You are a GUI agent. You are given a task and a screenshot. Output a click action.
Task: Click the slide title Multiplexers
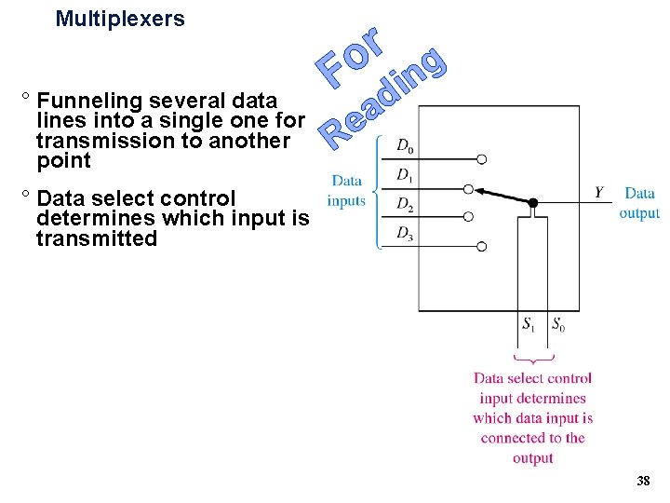click(x=120, y=19)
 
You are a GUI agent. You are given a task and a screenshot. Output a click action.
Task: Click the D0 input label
click(x=405, y=145)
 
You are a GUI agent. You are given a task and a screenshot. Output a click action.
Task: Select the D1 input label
click(x=405, y=174)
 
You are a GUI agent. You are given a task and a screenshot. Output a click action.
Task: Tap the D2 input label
click(x=405, y=203)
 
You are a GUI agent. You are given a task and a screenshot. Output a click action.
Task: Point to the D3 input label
click(x=405, y=233)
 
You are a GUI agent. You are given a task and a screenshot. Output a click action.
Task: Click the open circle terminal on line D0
click(x=482, y=159)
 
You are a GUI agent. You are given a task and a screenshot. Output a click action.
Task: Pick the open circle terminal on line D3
click(x=482, y=247)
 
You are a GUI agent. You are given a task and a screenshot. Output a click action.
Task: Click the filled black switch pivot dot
click(x=533, y=202)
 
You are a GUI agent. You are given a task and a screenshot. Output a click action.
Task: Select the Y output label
click(x=600, y=193)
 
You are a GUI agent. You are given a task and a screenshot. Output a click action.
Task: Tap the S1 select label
click(x=529, y=324)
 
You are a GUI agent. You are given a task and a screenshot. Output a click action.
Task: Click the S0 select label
click(x=557, y=324)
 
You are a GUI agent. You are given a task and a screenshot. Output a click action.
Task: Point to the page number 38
click(x=642, y=482)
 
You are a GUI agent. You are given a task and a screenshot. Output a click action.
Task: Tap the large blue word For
click(x=349, y=56)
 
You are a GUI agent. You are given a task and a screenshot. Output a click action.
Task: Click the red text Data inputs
click(x=346, y=190)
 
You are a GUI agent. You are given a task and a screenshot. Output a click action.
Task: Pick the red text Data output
click(x=639, y=203)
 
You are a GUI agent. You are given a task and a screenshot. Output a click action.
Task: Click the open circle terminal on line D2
click(x=469, y=217)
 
